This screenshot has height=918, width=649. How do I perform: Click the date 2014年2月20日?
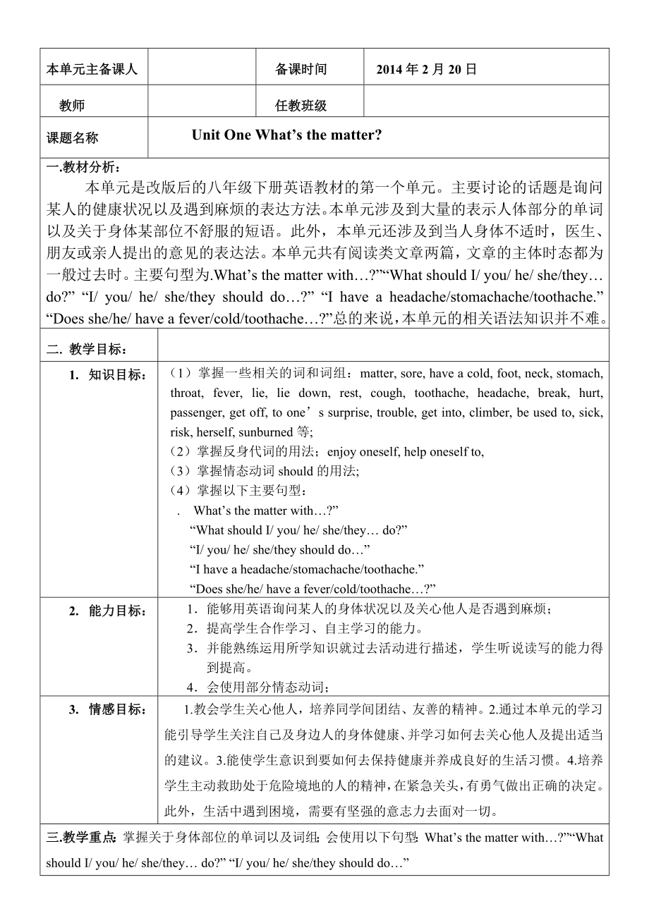click(x=427, y=69)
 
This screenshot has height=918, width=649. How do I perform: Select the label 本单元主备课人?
click(x=92, y=70)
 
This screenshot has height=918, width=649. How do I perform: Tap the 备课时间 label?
click(x=301, y=69)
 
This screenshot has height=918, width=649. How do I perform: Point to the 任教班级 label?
click(x=301, y=106)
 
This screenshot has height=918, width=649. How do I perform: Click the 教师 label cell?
click(x=72, y=106)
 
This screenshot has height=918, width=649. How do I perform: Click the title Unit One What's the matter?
click(x=286, y=135)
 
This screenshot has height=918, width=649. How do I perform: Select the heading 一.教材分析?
click(x=83, y=167)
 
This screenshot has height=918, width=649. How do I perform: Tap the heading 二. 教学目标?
click(x=87, y=348)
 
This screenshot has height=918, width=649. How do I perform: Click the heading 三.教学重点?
click(x=81, y=838)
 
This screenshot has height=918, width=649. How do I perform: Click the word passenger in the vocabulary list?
click(x=195, y=412)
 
